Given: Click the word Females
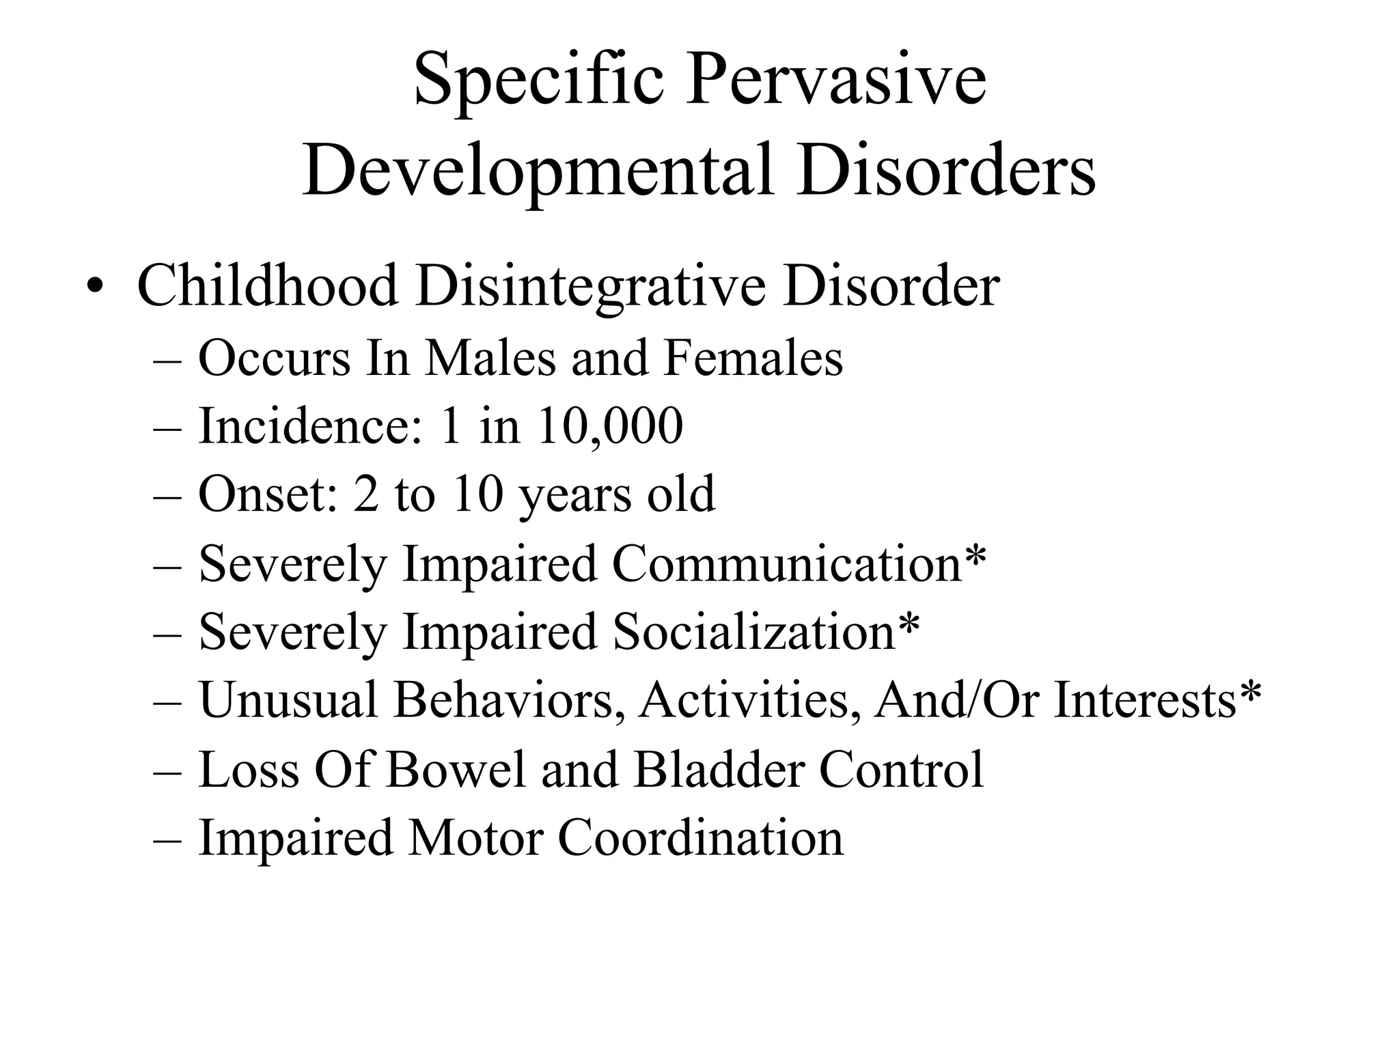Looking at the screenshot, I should [753, 358].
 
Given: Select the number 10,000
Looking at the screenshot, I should [609, 426].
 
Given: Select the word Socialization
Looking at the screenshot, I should [753, 632].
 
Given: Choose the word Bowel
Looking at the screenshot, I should [456, 770].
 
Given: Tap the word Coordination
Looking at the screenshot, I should [701, 838].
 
